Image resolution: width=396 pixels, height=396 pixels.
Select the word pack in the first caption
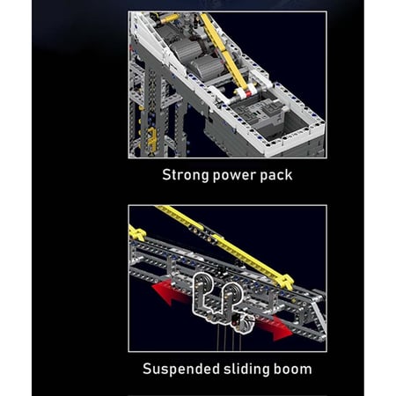pyautogui.click(x=276, y=175)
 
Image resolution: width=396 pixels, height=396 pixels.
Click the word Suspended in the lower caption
pyautogui.click(x=181, y=369)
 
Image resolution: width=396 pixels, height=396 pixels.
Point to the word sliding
pyautogui.click(x=246, y=369)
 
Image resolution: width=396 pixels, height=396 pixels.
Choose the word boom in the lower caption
pyautogui.click(x=292, y=369)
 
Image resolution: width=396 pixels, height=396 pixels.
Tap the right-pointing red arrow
pyautogui.click(x=275, y=326)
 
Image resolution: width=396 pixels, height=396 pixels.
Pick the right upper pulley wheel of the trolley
pyautogui.click(x=234, y=293)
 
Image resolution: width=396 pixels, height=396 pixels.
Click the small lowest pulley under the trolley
pyautogui.click(x=246, y=326)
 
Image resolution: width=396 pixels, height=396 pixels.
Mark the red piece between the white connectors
pyautogui.click(x=248, y=94)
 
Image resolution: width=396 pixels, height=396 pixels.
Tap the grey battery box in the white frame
pyautogui.click(x=260, y=116)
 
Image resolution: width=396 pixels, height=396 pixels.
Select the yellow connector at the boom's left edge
pyautogui.click(x=136, y=233)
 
